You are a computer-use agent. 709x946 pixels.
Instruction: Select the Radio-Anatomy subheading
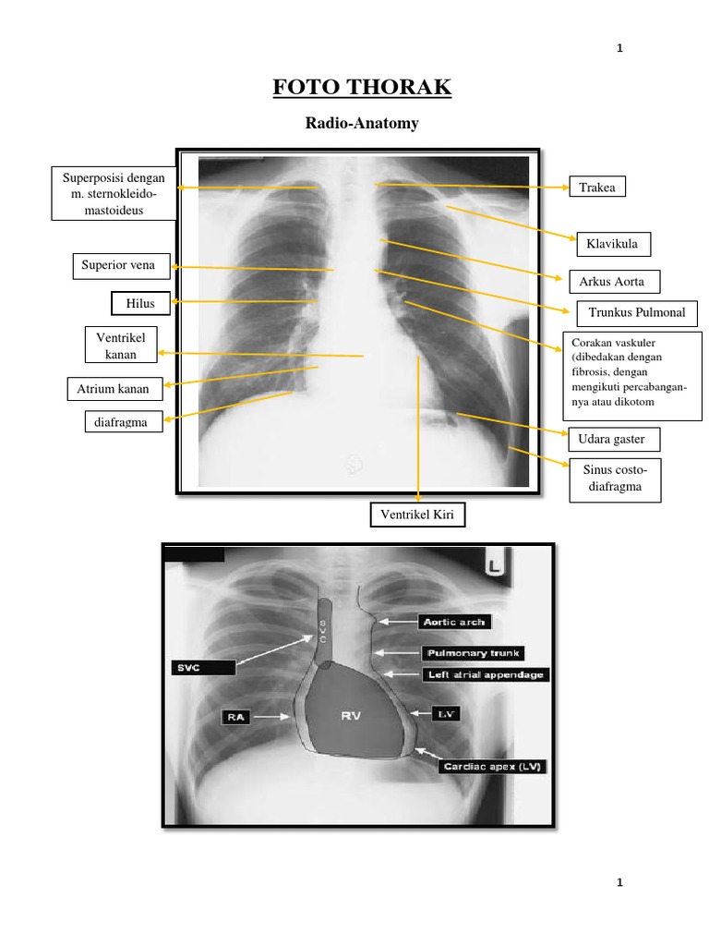pyautogui.click(x=354, y=124)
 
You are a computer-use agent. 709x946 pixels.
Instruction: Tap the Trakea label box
pyautogui.click(x=596, y=188)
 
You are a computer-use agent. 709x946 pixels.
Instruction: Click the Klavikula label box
pyautogui.click(x=613, y=244)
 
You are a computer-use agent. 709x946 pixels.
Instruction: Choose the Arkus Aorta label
pyautogui.click(x=612, y=281)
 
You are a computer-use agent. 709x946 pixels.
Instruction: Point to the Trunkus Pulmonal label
pyautogui.click(x=636, y=312)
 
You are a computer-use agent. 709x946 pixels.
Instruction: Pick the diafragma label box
pyautogui.click(x=121, y=422)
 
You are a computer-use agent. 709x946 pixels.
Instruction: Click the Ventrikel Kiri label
pyautogui.click(x=416, y=514)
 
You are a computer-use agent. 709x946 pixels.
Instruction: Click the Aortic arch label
pyautogui.click(x=452, y=622)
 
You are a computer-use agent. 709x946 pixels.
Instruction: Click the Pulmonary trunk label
pyautogui.click(x=473, y=653)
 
